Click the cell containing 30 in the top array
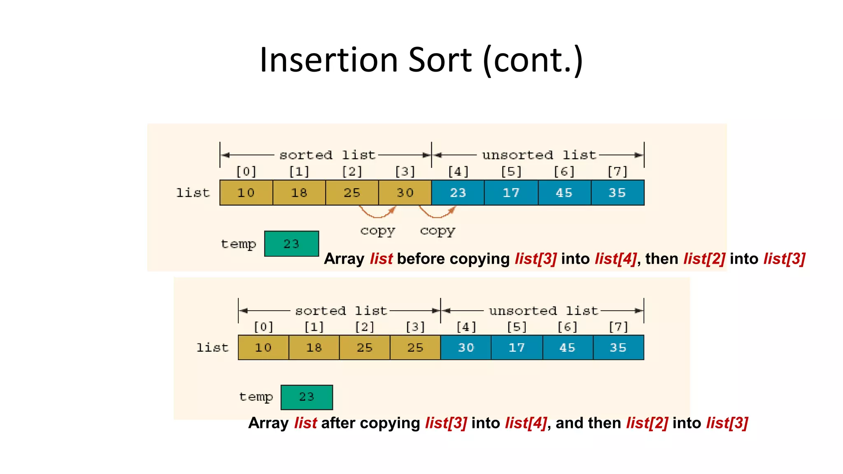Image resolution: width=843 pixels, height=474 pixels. [x=405, y=193]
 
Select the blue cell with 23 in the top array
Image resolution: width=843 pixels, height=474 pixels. [x=458, y=193]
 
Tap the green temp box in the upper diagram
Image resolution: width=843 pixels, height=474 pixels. [x=291, y=244]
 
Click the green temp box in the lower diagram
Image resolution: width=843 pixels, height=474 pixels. [x=307, y=397]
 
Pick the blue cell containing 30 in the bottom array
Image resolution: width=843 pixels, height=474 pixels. [x=466, y=348]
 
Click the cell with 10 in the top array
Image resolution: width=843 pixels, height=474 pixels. [x=246, y=193]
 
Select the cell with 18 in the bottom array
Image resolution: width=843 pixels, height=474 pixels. [x=314, y=348]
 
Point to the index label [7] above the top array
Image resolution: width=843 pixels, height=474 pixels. [x=617, y=172]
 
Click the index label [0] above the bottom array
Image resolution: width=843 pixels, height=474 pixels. [x=263, y=327]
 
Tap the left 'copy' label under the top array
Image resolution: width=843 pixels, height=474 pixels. [x=377, y=231]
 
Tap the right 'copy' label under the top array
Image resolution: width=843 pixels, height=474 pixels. [x=438, y=231]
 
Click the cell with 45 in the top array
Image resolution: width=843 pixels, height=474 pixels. [x=564, y=193]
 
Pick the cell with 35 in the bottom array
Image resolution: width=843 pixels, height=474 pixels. [x=618, y=348]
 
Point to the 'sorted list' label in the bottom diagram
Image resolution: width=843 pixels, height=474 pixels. [x=341, y=311]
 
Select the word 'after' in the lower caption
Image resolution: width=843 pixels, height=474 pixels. [x=338, y=423]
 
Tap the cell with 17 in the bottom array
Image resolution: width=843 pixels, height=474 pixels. [x=517, y=348]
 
